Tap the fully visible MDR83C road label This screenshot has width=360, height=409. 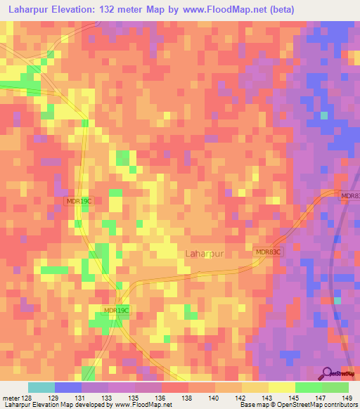tap(267, 252)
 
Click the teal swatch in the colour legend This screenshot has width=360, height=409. tap(41, 387)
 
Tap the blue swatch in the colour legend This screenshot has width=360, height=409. tap(68, 387)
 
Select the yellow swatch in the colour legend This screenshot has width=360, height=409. tap(282, 387)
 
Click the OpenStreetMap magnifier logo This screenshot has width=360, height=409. tap(328, 372)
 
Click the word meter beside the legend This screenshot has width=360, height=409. tap(11, 397)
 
